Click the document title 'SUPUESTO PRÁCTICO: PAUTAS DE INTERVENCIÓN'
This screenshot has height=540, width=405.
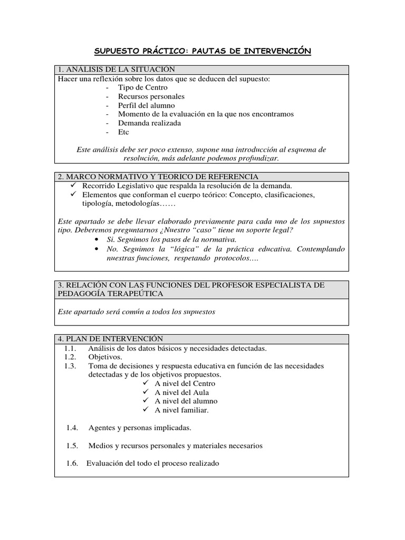coord(202,51)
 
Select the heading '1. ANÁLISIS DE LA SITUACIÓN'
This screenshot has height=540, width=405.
coord(117,70)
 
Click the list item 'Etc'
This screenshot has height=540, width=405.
coord(123,132)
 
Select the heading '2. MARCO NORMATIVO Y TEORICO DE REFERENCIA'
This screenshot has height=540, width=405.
coord(158,177)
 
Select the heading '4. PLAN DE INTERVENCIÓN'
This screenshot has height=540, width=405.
coord(111,339)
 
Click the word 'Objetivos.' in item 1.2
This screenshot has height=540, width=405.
coord(105,357)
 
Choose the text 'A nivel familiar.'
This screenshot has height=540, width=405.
coord(182,410)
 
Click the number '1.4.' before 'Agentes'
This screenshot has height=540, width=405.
coord(72,428)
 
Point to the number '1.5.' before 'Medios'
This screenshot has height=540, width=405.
coord(72,446)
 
